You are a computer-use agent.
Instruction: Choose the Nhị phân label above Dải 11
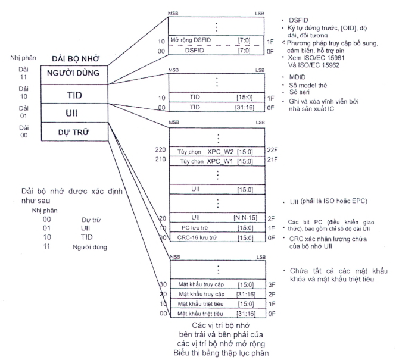click(18, 59)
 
